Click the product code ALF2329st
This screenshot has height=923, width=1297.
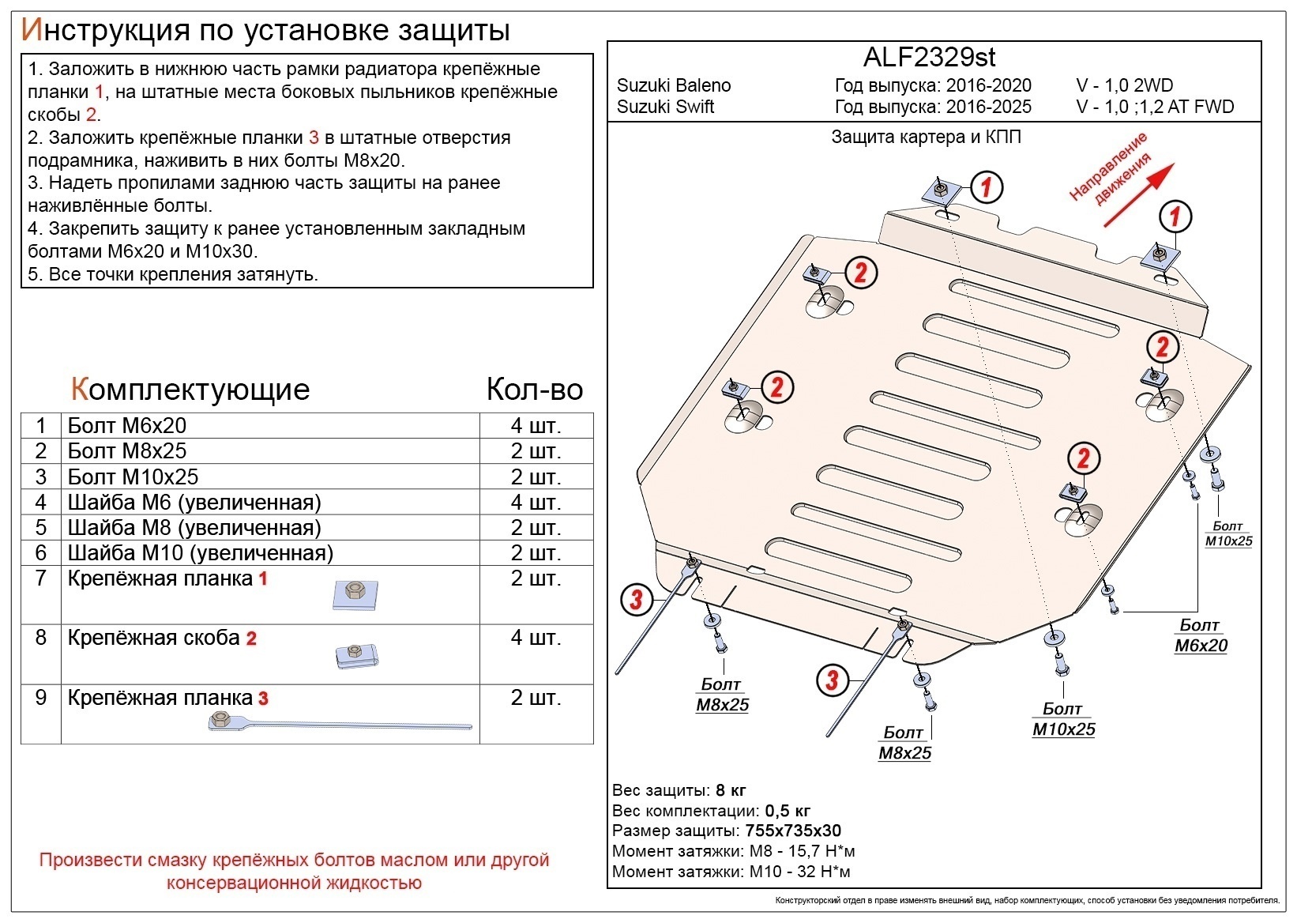point(929,57)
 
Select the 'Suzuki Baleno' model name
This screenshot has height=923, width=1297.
point(674,85)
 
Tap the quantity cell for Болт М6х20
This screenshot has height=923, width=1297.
point(536,426)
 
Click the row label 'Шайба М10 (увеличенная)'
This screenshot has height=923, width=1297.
point(201,553)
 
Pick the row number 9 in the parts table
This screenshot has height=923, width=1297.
point(41,698)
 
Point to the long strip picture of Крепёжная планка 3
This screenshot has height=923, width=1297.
point(340,723)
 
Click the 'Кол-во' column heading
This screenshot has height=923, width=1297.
point(534,390)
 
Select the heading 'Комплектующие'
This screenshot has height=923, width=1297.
point(190,390)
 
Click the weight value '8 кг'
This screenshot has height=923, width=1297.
point(731,790)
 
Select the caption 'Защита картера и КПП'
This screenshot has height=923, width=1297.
point(926,138)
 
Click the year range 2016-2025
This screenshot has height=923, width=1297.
point(988,107)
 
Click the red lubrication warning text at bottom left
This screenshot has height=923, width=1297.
point(294,871)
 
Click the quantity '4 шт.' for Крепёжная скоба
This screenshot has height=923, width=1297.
point(536,639)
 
